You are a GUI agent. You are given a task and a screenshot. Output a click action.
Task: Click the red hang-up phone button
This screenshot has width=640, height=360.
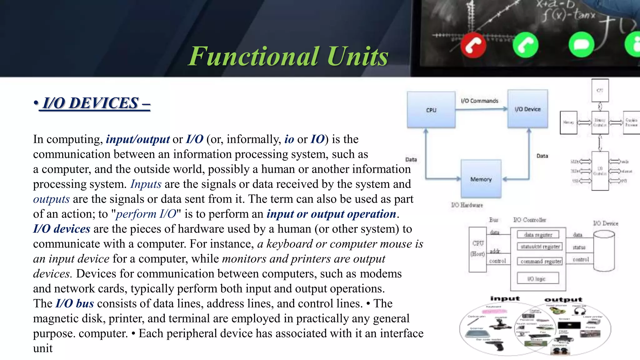473,46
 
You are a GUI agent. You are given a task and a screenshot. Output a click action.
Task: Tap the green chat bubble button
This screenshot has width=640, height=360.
581,45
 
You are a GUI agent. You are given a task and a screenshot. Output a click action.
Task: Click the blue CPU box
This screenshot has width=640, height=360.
431,110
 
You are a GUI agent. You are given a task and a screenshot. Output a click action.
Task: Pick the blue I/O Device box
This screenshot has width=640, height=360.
527,109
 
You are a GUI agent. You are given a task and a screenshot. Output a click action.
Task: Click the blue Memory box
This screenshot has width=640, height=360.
481,179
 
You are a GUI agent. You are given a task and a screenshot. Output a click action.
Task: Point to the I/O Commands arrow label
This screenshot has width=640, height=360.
479,101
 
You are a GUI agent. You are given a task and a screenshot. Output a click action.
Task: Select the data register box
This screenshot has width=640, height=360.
538,235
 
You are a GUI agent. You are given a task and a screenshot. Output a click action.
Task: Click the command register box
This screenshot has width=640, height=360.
541,261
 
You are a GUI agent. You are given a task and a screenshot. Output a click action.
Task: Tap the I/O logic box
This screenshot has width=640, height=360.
537,278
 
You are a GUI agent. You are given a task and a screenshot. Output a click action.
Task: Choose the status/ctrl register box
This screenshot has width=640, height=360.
540,247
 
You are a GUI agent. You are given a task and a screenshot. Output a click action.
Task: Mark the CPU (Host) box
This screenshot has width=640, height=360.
477,249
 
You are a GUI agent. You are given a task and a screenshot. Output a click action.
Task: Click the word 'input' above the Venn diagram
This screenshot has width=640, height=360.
505,299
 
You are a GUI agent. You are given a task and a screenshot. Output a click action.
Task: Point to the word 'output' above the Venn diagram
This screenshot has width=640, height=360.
563,300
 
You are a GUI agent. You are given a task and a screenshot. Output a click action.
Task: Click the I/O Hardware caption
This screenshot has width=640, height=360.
467,205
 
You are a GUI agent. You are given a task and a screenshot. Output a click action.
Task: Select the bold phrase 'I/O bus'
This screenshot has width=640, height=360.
75,303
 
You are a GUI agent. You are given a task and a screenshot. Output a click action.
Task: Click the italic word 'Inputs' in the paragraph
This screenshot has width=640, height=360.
146,184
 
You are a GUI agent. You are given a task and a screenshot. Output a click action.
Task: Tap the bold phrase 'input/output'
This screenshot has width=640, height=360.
138,139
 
